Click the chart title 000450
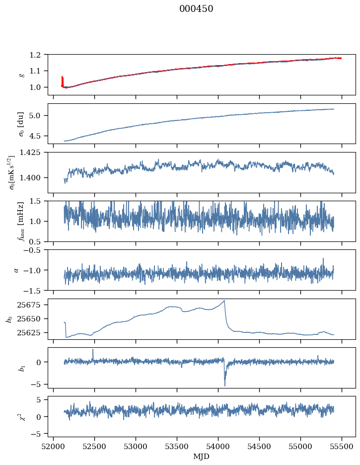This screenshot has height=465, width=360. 196,9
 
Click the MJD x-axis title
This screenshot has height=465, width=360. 202,457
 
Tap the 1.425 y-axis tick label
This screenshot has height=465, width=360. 34,152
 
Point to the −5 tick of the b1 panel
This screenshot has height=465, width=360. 38,385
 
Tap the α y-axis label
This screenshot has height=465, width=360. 16,270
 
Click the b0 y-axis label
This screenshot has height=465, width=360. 9,318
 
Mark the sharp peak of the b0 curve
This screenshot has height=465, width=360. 224,301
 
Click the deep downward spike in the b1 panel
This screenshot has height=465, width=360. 224,386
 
